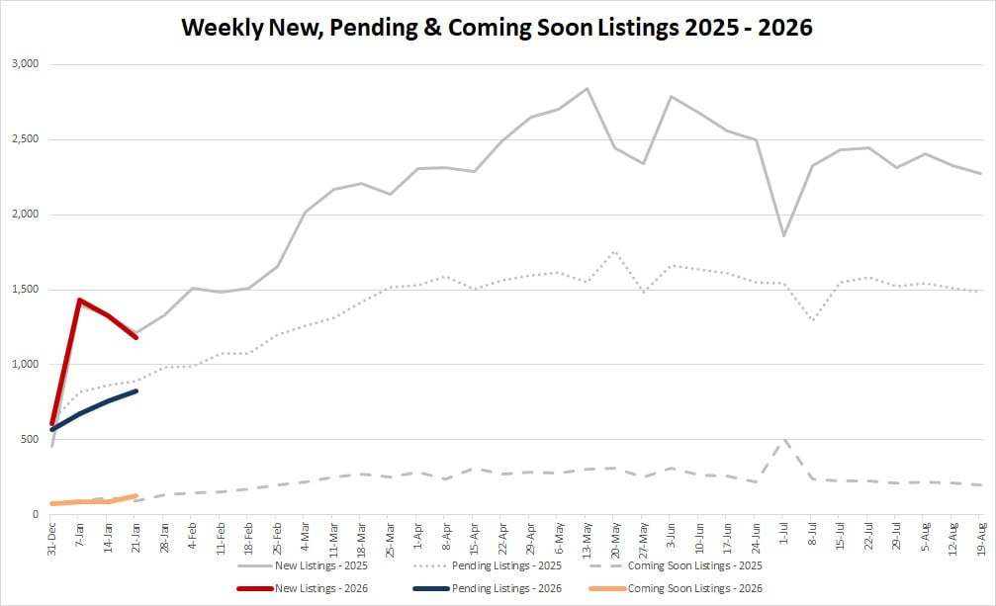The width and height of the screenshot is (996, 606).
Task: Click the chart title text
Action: (498, 27)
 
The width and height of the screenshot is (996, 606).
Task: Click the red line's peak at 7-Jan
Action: (79, 300)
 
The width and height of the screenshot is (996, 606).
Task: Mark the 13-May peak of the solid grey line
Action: (587, 89)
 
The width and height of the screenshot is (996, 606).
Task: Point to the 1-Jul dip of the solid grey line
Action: (783, 235)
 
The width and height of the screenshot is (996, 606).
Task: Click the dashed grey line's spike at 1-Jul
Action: (783, 440)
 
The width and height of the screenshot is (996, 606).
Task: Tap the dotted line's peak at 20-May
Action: (614, 251)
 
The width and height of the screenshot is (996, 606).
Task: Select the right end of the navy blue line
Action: (136, 391)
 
